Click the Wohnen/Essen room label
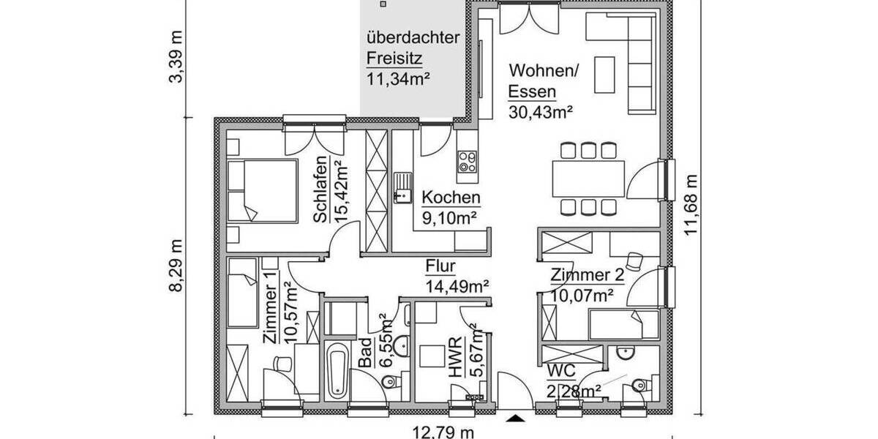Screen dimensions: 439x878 (x=544, y=81)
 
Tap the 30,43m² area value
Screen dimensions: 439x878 (x=540, y=112)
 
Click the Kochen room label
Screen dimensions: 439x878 (x=451, y=198)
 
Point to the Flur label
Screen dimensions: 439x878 (x=441, y=266)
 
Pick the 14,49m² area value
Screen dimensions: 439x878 (x=457, y=286)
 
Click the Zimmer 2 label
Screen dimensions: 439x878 (x=588, y=276)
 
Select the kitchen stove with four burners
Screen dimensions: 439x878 (x=467, y=162)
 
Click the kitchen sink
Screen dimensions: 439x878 (x=402, y=187)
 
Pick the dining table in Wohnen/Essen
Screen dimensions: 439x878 (x=588, y=179)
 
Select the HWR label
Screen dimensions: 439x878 (x=456, y=356)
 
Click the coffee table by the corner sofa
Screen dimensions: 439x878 (x=604, y=75)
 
